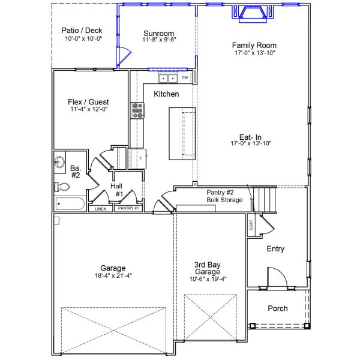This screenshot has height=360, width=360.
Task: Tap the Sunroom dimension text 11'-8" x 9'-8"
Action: point(159,40)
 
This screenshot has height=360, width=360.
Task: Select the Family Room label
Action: point(254,45)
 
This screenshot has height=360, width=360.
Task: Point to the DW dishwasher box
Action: point(185,78)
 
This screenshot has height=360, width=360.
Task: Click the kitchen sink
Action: point(167,79)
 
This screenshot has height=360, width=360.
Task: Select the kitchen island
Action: point(182,133)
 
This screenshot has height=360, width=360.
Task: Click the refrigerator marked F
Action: point(138,158)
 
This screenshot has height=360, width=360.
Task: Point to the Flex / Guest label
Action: point(88,102)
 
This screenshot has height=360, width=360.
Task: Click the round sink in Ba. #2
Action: point(60,161)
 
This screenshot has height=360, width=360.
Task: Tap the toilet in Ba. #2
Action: point(62,186)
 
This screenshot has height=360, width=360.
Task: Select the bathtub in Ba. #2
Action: point(70,204)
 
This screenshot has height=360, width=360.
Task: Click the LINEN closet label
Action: point(100,209)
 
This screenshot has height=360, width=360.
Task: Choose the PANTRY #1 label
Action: point(128,209)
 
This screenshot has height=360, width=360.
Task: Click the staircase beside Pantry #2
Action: point(265,198)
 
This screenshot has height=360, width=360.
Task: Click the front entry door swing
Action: point(275,277)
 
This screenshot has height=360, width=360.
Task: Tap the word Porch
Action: point(277,308)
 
